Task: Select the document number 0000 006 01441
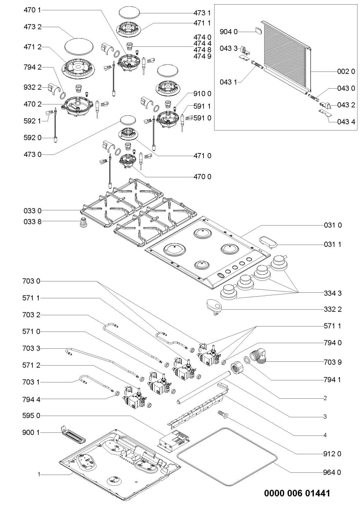[x=297, y=492]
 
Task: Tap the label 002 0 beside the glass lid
[x=346, y=72]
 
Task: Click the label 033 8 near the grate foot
[x=32, y=221]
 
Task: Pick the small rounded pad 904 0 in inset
[x=258, y=31]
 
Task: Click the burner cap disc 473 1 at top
[x=129, y=13]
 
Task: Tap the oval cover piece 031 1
[x=267, y=243]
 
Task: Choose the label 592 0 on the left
[x=32, y=138]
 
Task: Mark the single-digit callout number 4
[x=325, y=435]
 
